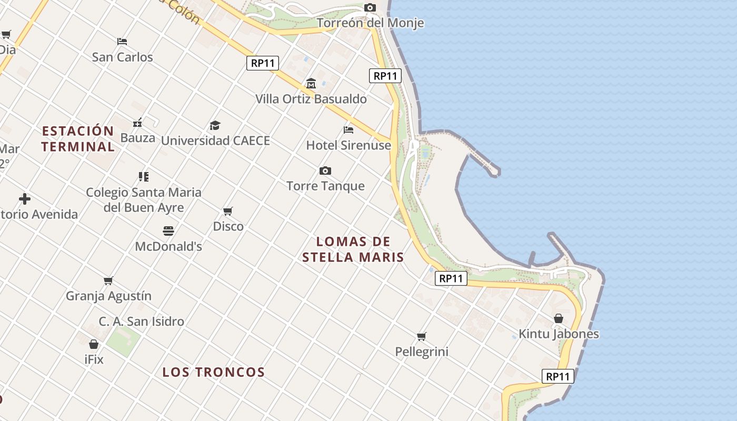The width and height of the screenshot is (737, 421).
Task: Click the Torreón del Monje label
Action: click(x=370, y=23)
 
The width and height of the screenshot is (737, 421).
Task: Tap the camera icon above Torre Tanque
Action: click(x=325, y=171)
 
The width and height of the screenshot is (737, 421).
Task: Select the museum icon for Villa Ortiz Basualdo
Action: click(x=311, y=83)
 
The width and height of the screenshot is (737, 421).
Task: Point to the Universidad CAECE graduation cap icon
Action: click(x=215, y=125)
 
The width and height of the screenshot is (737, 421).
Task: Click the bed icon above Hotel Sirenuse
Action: click(x=348, y=129)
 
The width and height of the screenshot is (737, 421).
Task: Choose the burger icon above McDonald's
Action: click(x=168, y=230)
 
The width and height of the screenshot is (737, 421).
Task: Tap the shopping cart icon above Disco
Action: click(x=228, y=211)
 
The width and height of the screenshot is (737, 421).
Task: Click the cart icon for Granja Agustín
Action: click(x=108, y=280)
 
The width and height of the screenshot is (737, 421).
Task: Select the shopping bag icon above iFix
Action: click(x=94, y=344)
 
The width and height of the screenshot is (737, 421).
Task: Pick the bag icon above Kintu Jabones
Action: click(x=559, y=318)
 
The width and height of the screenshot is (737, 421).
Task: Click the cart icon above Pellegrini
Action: click(x=421, y=336)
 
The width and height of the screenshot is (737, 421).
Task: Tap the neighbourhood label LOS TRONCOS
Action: click(x=213, y=372)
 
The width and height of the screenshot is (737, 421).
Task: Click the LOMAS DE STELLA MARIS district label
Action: click(x=353, y=249)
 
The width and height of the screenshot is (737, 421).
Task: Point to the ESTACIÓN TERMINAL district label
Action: click(x=78, y=138)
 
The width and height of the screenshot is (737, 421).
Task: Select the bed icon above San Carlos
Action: click(x=122, y=41)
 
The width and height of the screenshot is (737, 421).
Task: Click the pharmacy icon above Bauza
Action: click(x=137, y=123)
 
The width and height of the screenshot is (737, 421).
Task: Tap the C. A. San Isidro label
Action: click(x=141, y=321)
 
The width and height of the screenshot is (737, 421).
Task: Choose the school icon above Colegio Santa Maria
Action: click(x=143, y=176)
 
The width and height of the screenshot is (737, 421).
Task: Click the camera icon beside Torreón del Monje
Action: click(x=370, y=7)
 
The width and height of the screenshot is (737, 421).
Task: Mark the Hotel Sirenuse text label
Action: click(x=348, y=145)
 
